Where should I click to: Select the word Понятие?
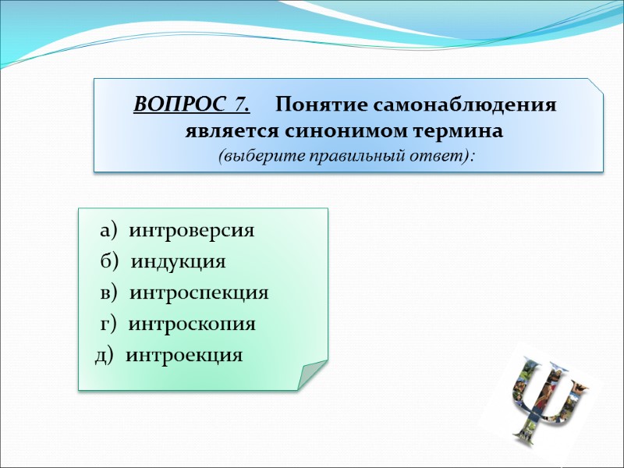(320, 105)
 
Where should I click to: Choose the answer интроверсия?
(191, 231)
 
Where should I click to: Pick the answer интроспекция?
(199, 293)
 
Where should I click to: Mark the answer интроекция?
(184, 356)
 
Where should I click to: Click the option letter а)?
(108, 231)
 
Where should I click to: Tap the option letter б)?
(110, 261)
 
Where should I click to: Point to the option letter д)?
(105, 356)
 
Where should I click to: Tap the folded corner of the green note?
(311, 374)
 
